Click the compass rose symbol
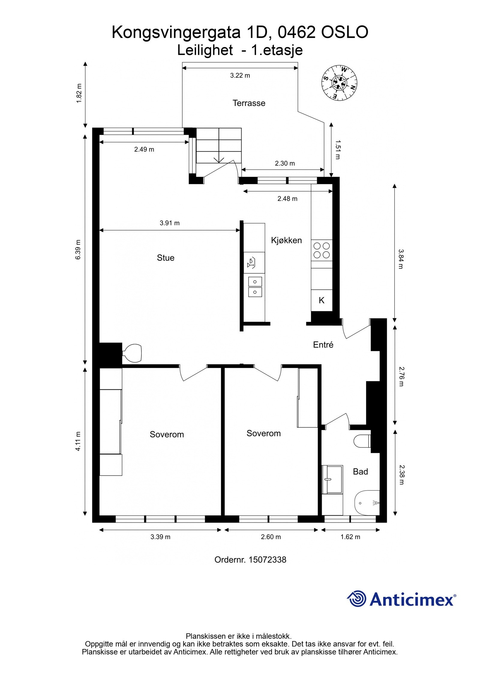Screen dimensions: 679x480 [x=339, y=83]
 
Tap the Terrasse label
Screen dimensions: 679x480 [x=249, y=103]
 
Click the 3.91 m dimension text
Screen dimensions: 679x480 [x=169, y=223]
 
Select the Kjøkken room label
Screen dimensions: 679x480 [x=286, y=240]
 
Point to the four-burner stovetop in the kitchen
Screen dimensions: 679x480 [x=322, y=251]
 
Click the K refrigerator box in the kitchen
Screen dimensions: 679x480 [x=322, y=300]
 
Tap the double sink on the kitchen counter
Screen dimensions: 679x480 [x=255, y=287]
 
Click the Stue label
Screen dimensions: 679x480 [x=165, y=258]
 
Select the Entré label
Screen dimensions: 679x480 [x=323, y=345]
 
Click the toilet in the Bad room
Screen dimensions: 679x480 [x=361, y=441]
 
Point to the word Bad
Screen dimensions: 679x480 [x=360, y=472]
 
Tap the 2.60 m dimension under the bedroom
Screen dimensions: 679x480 [x=271, y=537]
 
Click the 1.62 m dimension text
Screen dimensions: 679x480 [x=350, y=537]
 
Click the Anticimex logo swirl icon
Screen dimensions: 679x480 [x=357, y=598]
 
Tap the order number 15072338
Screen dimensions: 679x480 [x=267, y=560]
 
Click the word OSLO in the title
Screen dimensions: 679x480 [x=345, y=32]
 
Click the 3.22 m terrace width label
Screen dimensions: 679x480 [x=240, y=76]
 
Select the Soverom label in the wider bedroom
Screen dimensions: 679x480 [x=166, y=434]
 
